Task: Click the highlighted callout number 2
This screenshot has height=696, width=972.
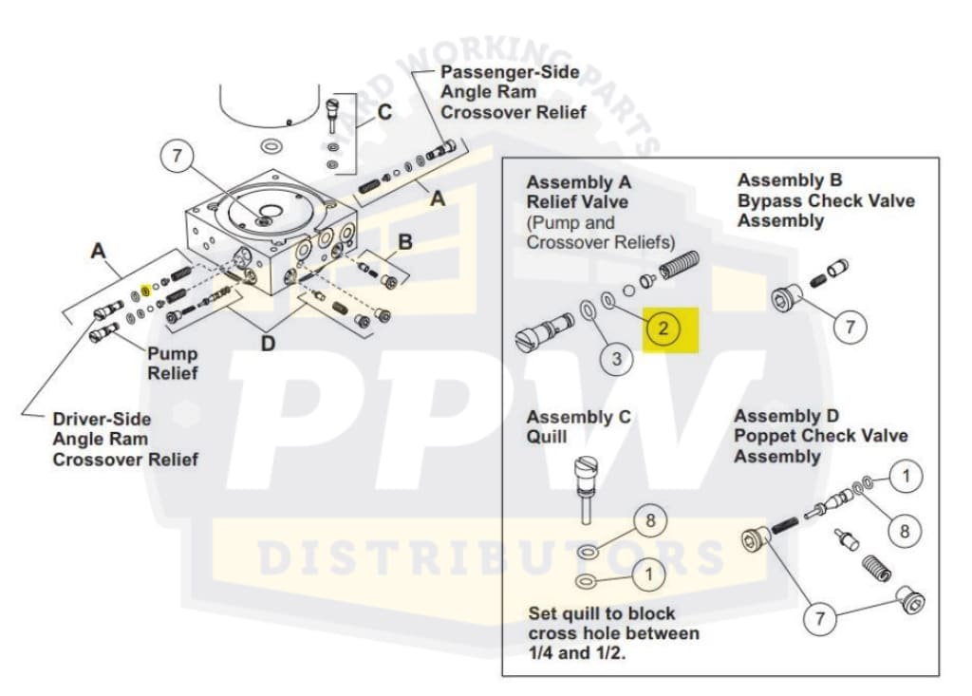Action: click(664, 329)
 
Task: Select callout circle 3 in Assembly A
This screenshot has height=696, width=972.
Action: click(616, 358)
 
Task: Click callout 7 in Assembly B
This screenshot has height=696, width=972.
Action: click(850, 328)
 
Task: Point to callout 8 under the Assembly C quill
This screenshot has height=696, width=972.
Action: click(650, 521)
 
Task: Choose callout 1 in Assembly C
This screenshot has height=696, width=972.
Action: click(649, 573)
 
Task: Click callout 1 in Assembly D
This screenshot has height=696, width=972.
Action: click(906, 476)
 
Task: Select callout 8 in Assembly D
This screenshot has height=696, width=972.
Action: click(904, 531)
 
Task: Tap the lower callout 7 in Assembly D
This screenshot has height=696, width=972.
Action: click(819, 618)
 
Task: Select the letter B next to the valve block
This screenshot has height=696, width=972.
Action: click(405, 242)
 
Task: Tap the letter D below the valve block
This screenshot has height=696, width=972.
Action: click(269, 343)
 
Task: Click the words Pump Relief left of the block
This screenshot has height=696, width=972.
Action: click(173, 364)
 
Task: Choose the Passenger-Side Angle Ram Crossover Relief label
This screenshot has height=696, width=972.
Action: click(513, 92)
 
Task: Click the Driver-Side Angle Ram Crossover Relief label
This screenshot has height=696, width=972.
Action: click(125, 439)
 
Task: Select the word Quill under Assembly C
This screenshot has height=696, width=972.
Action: click(548, 439)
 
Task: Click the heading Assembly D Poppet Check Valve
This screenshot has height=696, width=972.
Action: click(820, 436)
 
